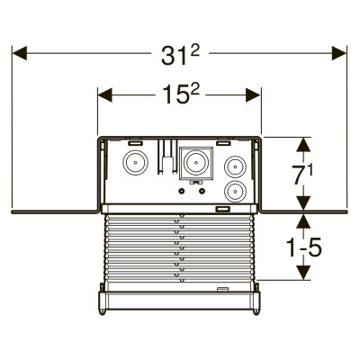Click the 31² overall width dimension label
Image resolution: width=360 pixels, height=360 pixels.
[x=180, y=55]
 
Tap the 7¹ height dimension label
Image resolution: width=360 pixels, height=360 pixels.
[x=302, y=175]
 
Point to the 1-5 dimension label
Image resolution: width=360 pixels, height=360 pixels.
[x=304, y=247]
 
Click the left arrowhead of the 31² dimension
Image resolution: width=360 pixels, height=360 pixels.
[x=20, y=53]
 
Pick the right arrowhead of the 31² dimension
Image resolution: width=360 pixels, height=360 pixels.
[x=339, y=53]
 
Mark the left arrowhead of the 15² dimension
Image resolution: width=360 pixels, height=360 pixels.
[x=105, y=95]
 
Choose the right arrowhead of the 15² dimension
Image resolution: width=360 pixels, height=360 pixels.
[x=253, y=95]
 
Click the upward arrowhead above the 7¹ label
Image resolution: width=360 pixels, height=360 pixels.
[x=304, y=144]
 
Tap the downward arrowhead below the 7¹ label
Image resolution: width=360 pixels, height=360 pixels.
[x=304, y=202]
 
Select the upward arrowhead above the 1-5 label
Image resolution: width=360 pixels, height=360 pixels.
[x=304, y=221]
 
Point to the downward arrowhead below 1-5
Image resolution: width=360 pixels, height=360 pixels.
[x=304, y=273]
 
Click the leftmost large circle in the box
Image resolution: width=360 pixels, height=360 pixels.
[x=135, y=162]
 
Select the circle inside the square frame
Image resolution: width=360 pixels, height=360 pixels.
[x=196, y=163]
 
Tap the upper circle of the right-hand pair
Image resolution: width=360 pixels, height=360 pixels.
[x=235, y=166]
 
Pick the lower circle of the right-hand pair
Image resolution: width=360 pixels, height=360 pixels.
[x=235, y=192]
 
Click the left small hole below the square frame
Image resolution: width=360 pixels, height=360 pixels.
[x=182, y=191]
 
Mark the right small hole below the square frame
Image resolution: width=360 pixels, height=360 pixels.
[x=202, y=191]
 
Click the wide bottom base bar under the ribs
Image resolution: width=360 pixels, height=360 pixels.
[x=179, y=301]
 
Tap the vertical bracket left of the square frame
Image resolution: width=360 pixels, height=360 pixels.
[x=166, y=157]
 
